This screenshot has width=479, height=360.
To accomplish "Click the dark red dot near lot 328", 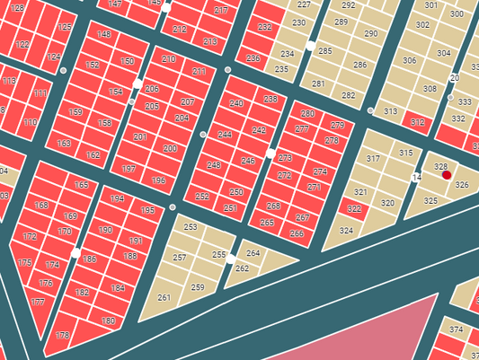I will (x=447, y=176).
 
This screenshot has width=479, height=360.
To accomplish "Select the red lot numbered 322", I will (x=354, y=209).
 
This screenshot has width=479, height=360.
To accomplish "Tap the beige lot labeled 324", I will (x=346, y=231).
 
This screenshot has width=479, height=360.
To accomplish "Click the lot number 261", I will (x=164, y=297).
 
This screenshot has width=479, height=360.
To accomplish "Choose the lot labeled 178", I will (x=62, y=335).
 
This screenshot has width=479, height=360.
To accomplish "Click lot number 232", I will (x=264, y=28).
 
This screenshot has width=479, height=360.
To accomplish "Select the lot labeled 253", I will (x=191, y=227).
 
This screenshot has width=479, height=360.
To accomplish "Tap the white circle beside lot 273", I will (x=271, y=154).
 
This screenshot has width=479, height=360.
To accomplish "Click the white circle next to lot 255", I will (x=232, y=259).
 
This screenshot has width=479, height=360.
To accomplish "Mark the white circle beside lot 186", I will (x=75, y=254).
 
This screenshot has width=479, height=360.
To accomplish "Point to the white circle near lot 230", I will (x=311, y=45).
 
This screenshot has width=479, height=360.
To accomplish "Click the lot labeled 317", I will (x=373, y=159).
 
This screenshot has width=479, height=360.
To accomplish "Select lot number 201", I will (x=139, y=137).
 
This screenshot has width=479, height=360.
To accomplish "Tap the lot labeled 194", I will (x=117, y=198).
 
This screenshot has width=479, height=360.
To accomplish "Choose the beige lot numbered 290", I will (x=371, y=34).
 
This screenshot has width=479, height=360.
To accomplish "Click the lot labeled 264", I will (x=253, y=253).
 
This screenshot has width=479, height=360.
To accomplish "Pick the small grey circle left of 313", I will (x=371, y=110).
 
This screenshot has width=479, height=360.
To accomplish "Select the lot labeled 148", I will (x=104, y=35).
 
